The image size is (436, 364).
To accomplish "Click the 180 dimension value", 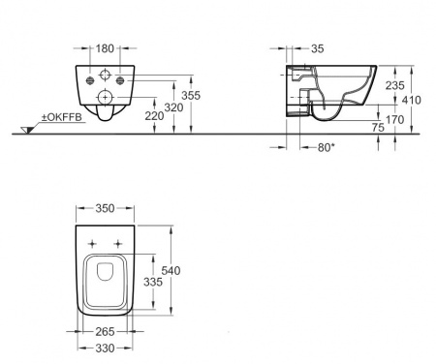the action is [x=105, y=48].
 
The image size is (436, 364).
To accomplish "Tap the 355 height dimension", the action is [x=191, y=96].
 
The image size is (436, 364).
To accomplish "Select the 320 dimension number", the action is [x=173, y=107].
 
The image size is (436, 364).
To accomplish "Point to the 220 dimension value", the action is [x=154, y=116].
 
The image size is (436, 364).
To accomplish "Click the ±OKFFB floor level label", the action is [x=62, y=117].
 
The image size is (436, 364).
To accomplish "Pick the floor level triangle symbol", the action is [x=27, y=130].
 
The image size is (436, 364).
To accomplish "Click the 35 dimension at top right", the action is [x=318, y=48].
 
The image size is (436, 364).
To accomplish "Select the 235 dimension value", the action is [x=394, y=85].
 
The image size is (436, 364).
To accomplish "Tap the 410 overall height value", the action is [x=412, y=100].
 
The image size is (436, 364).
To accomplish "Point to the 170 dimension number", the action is [x=394, y=120].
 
